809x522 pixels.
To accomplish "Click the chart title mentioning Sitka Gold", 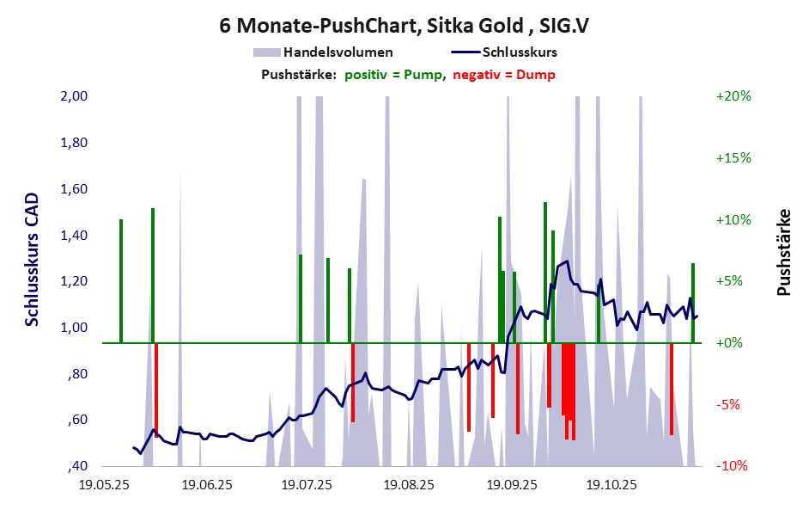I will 404,25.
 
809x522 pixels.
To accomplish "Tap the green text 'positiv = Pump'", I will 394,75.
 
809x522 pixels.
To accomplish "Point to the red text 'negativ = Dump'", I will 503,75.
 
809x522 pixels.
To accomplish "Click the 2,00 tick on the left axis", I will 75,96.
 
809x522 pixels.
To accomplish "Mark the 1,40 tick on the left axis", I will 75,235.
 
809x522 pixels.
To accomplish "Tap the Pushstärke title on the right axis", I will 783,253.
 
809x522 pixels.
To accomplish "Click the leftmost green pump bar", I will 121,280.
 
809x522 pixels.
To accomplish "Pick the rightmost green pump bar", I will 693,303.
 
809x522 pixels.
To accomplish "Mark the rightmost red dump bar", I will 672,389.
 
